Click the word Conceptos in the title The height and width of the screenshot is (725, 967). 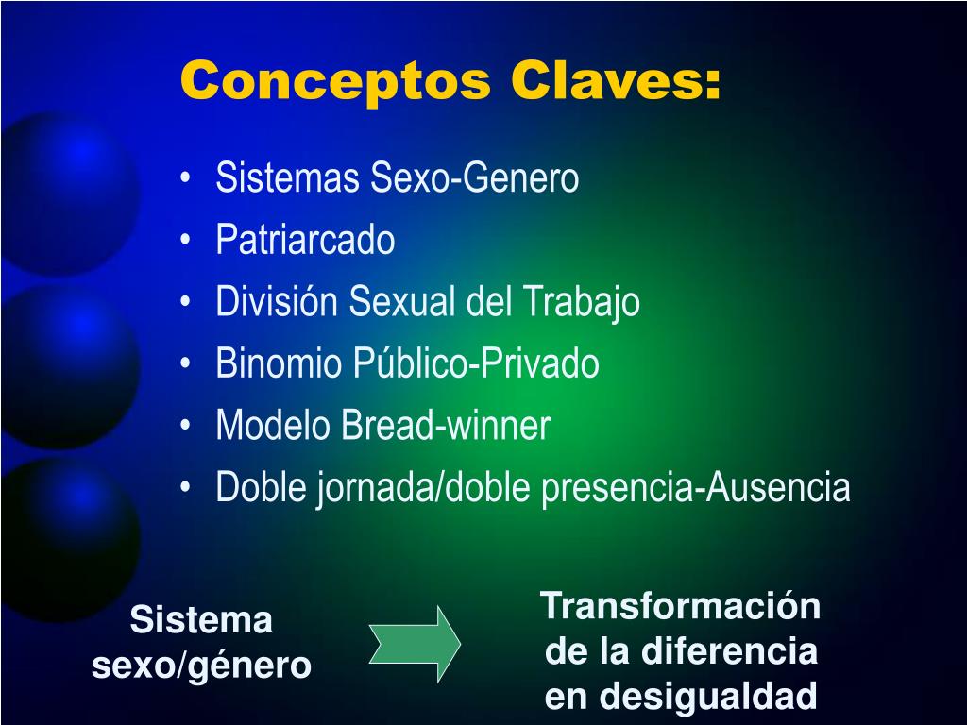(x=335, y=81)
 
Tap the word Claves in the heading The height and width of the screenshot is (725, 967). (x=608, y=80)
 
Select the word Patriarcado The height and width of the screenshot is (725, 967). (x=305, y=239)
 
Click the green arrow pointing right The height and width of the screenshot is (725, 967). (x=416, y=644)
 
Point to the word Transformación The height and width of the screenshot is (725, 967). (x=680, y=605)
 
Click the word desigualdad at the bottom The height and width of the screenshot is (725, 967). (x=708, y=697)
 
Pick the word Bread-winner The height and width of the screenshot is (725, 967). (x=446, y=425)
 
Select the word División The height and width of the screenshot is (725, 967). (x=277, y=301)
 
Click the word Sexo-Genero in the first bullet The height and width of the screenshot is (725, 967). (x=474, y=177)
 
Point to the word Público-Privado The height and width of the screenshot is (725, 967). (x=476, y=362)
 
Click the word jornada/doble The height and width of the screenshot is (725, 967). (x=424, y=488)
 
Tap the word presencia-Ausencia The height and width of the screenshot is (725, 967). (x=696, y=488)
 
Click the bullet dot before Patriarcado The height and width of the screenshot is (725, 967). (x=186, y=240)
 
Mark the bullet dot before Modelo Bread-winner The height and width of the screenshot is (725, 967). (x=186, y=426)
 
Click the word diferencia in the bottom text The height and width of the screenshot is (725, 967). (x=729, y=651)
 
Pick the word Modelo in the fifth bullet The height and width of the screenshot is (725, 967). (x=273, y=425)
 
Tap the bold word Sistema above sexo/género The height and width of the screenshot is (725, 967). (x=201, y=619)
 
